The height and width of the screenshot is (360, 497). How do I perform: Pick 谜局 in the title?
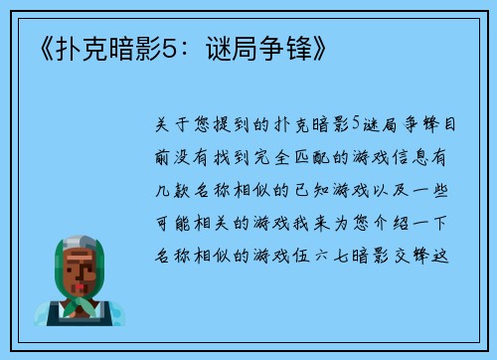pyautogui.click(x=244, y=46)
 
